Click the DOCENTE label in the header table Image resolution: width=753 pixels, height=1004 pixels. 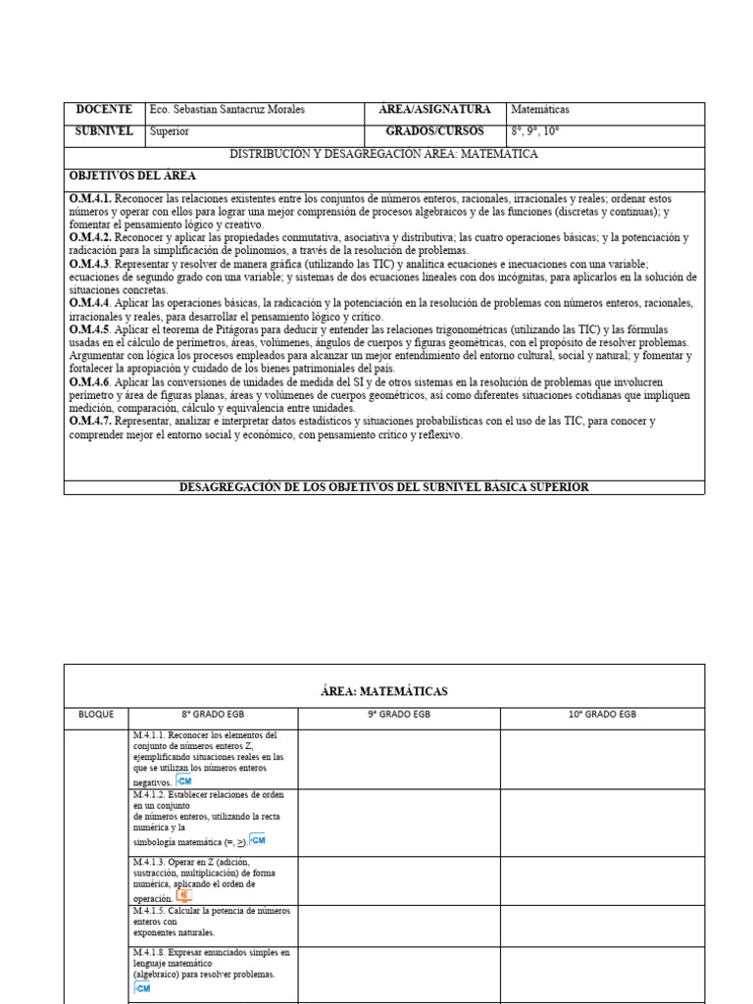103,110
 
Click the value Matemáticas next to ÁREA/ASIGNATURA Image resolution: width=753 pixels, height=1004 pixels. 540,110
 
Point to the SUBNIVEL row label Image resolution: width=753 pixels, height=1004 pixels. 103,131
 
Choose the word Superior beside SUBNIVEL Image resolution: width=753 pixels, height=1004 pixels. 170,131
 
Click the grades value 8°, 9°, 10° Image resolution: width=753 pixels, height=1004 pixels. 535,131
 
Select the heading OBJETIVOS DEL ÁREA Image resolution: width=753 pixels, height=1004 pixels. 132,176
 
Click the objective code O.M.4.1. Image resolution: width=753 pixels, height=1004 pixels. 90,199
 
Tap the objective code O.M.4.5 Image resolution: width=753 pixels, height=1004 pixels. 90,330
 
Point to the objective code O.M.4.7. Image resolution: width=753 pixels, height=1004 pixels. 90,422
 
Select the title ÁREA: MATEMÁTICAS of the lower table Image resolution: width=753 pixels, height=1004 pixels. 383,691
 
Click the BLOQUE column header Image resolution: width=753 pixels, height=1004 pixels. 96,715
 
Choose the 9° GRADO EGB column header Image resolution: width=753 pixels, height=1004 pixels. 398,715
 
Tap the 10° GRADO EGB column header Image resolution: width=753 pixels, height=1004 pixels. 602,715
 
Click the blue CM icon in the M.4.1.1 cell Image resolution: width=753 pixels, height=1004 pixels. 182,780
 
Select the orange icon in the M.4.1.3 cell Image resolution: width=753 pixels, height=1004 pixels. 183,896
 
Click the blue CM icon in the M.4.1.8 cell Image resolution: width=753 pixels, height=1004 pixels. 142,988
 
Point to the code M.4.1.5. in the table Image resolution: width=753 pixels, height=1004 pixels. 151,911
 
